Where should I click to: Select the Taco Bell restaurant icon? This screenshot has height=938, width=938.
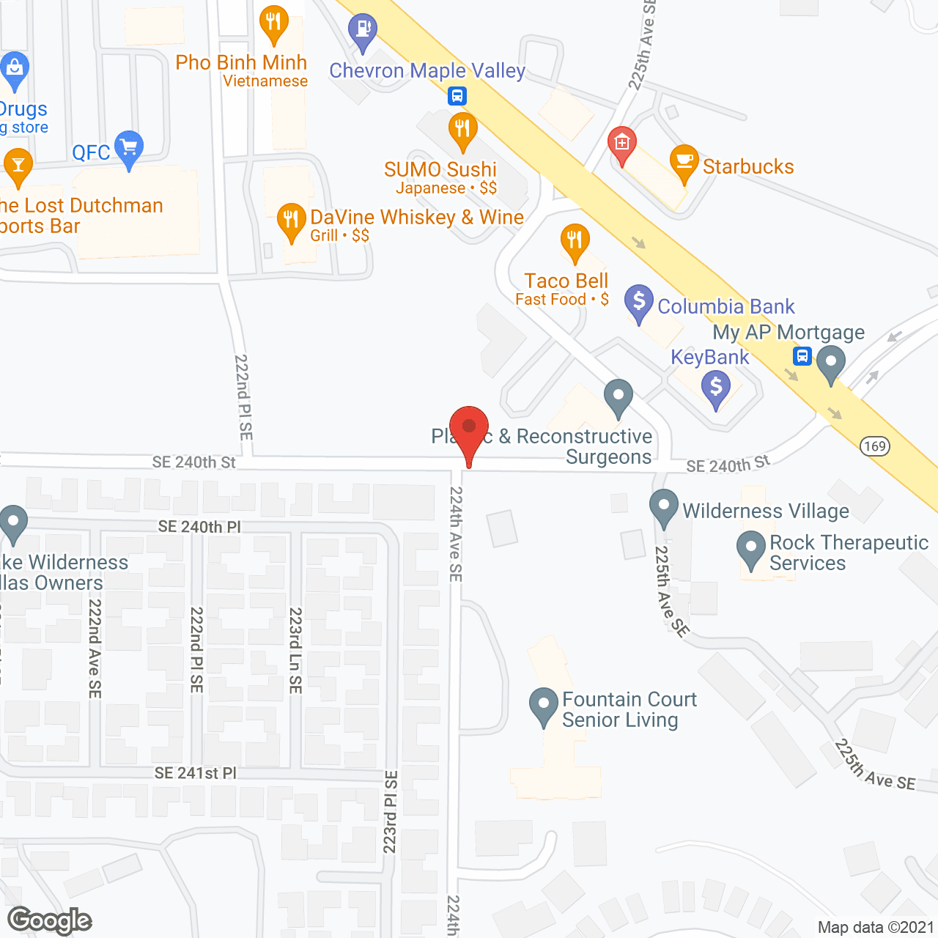(x=575, y=240)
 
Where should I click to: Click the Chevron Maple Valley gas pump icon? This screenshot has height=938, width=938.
(x=363, y=30)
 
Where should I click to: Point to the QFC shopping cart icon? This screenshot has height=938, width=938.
(x=129, y=148)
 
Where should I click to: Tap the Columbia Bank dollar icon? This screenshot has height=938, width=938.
(x=639, y=301)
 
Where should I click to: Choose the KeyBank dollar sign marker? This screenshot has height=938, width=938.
(x=716, y=386)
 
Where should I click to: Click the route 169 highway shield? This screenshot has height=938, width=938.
(x=875, y=446)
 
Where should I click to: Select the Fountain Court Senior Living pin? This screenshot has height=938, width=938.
(x=544, y=705)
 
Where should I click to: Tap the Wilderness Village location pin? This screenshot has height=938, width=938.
(x=664, y=506)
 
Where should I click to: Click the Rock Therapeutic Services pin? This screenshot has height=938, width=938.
(x=751, y=548)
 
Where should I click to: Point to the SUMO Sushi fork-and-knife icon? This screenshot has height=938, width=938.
(x=462, y=130)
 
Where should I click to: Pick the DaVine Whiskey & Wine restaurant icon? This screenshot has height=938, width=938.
(x=292, y=220)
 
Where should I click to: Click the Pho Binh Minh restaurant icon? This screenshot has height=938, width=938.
(x=273, y=23)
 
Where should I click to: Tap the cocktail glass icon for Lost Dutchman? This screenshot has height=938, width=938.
(x=18, y=166)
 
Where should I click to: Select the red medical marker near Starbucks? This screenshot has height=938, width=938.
(x=622, y=144)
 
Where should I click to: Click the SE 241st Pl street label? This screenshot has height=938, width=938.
(x=196, y=773)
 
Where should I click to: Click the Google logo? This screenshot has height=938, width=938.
(x=50, y=920)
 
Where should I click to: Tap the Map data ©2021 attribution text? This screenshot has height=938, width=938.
(x=876, y=927)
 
